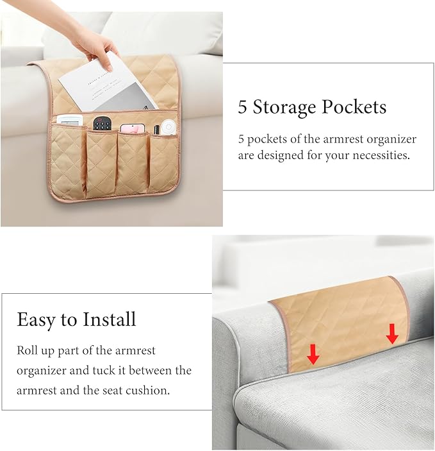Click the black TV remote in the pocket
102,123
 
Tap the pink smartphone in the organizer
133,128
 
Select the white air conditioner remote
70,120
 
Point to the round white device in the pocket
168,127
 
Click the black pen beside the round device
156,130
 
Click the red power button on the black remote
100,119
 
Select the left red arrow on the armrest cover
313,354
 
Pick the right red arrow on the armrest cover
392,334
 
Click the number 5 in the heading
242,106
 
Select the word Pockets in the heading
354,106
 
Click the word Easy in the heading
36,320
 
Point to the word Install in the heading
110,319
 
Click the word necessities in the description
381,155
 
